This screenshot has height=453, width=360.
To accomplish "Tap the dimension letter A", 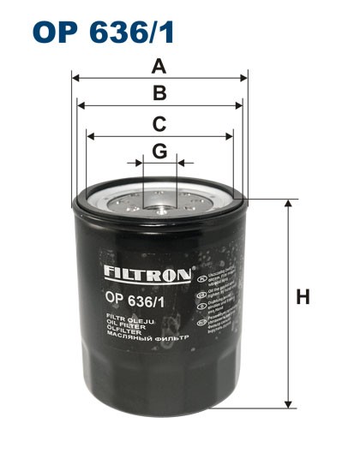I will coord(159,65).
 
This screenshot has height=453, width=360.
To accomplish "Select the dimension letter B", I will coord(159,94).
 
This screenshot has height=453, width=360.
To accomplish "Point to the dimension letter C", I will coord(159,123).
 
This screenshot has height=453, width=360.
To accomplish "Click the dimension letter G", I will coord(159,152).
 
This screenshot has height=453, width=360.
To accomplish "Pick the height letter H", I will coord(302,299).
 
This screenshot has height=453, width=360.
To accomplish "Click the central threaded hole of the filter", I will coord(159,204).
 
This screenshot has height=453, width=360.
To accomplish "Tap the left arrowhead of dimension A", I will coord(75,78).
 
